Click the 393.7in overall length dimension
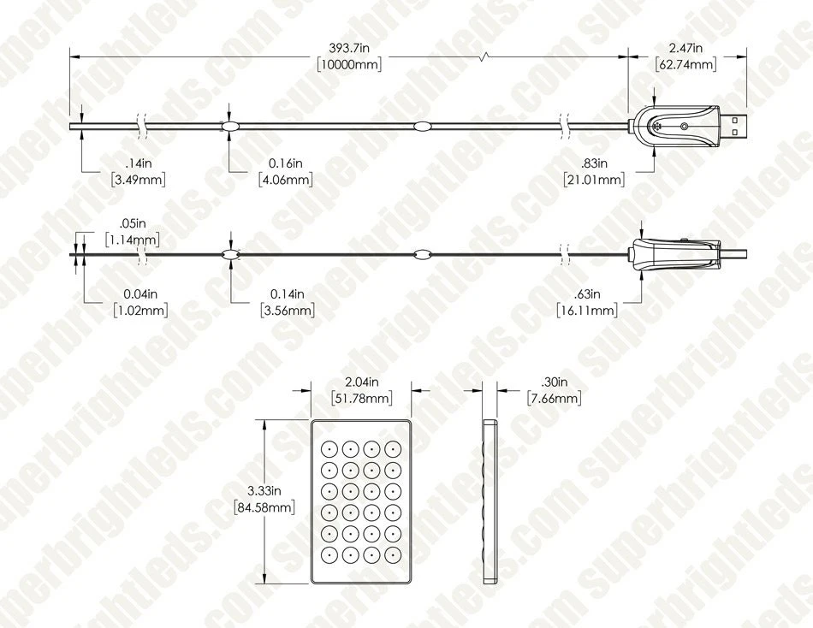349,48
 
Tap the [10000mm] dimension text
349,65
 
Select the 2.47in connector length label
685,48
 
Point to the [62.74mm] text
686,65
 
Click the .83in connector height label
594,163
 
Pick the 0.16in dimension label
285,163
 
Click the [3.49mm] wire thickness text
139,180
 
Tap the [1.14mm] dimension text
133,240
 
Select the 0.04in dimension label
140,294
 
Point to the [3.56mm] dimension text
288,311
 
